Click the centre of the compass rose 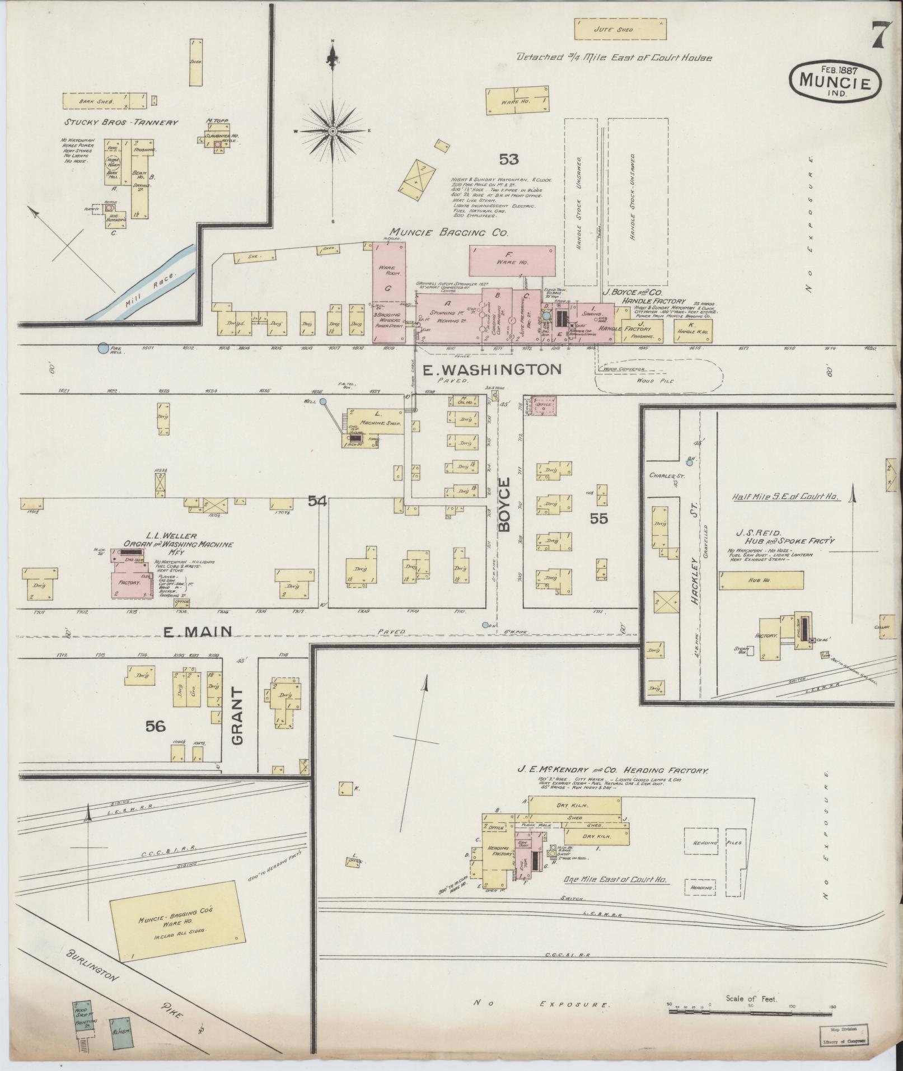coord(333,130)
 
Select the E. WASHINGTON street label coord(499,369)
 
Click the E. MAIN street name coord(197,632)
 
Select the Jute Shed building coord(620,30)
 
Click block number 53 coord(509,160)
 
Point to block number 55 coord(598,519)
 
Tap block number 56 coord(156,726)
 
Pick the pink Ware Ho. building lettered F coord(512,261)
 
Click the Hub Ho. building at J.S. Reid coord(761,580)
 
